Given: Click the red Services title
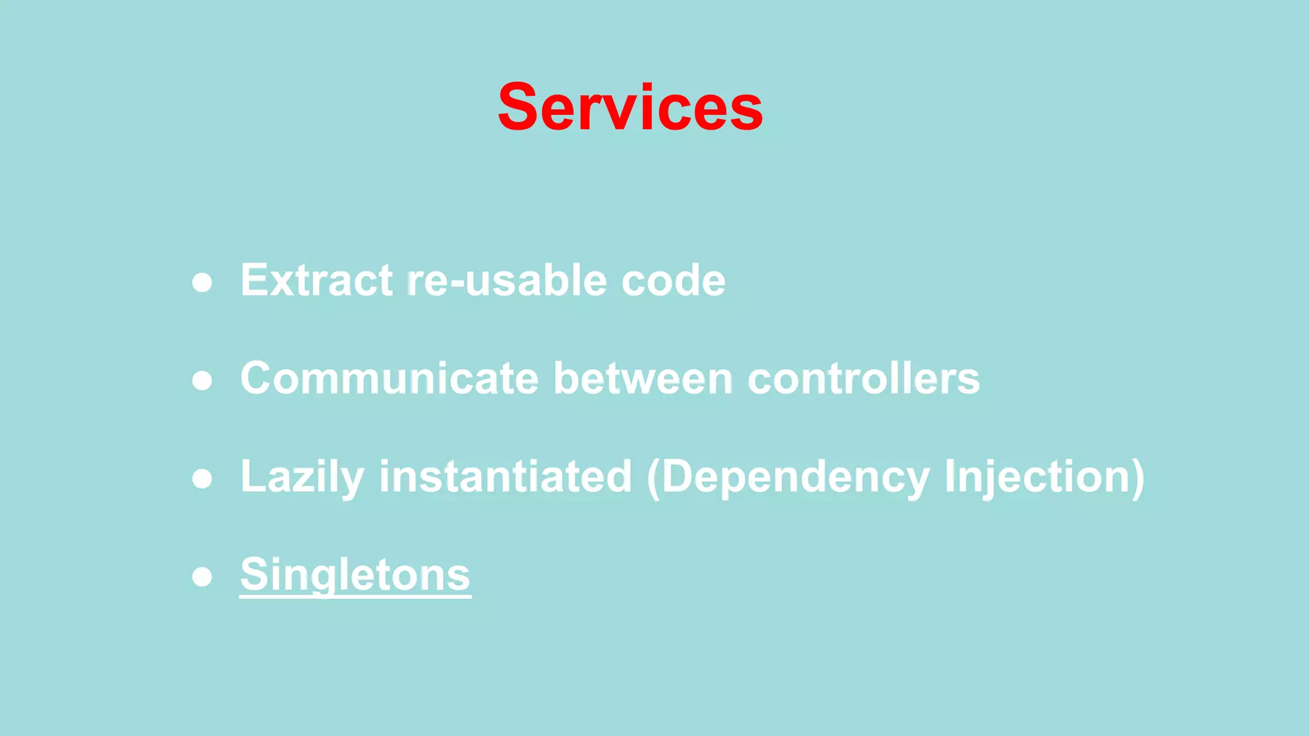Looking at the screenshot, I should (x=630, y=107).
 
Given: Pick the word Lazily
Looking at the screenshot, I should (x=302, y=477).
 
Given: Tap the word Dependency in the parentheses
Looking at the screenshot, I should (x=796, y=477).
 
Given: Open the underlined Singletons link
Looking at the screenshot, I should (x=355, y=574).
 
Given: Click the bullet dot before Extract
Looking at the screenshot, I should (x=202, y=282).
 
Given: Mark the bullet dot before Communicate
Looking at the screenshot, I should (x=202, y=381).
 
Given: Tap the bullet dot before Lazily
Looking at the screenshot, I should (x=202, y=479).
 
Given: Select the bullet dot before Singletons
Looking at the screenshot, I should (x=202, y=577).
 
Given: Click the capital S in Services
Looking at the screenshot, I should (x=519, y=107).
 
